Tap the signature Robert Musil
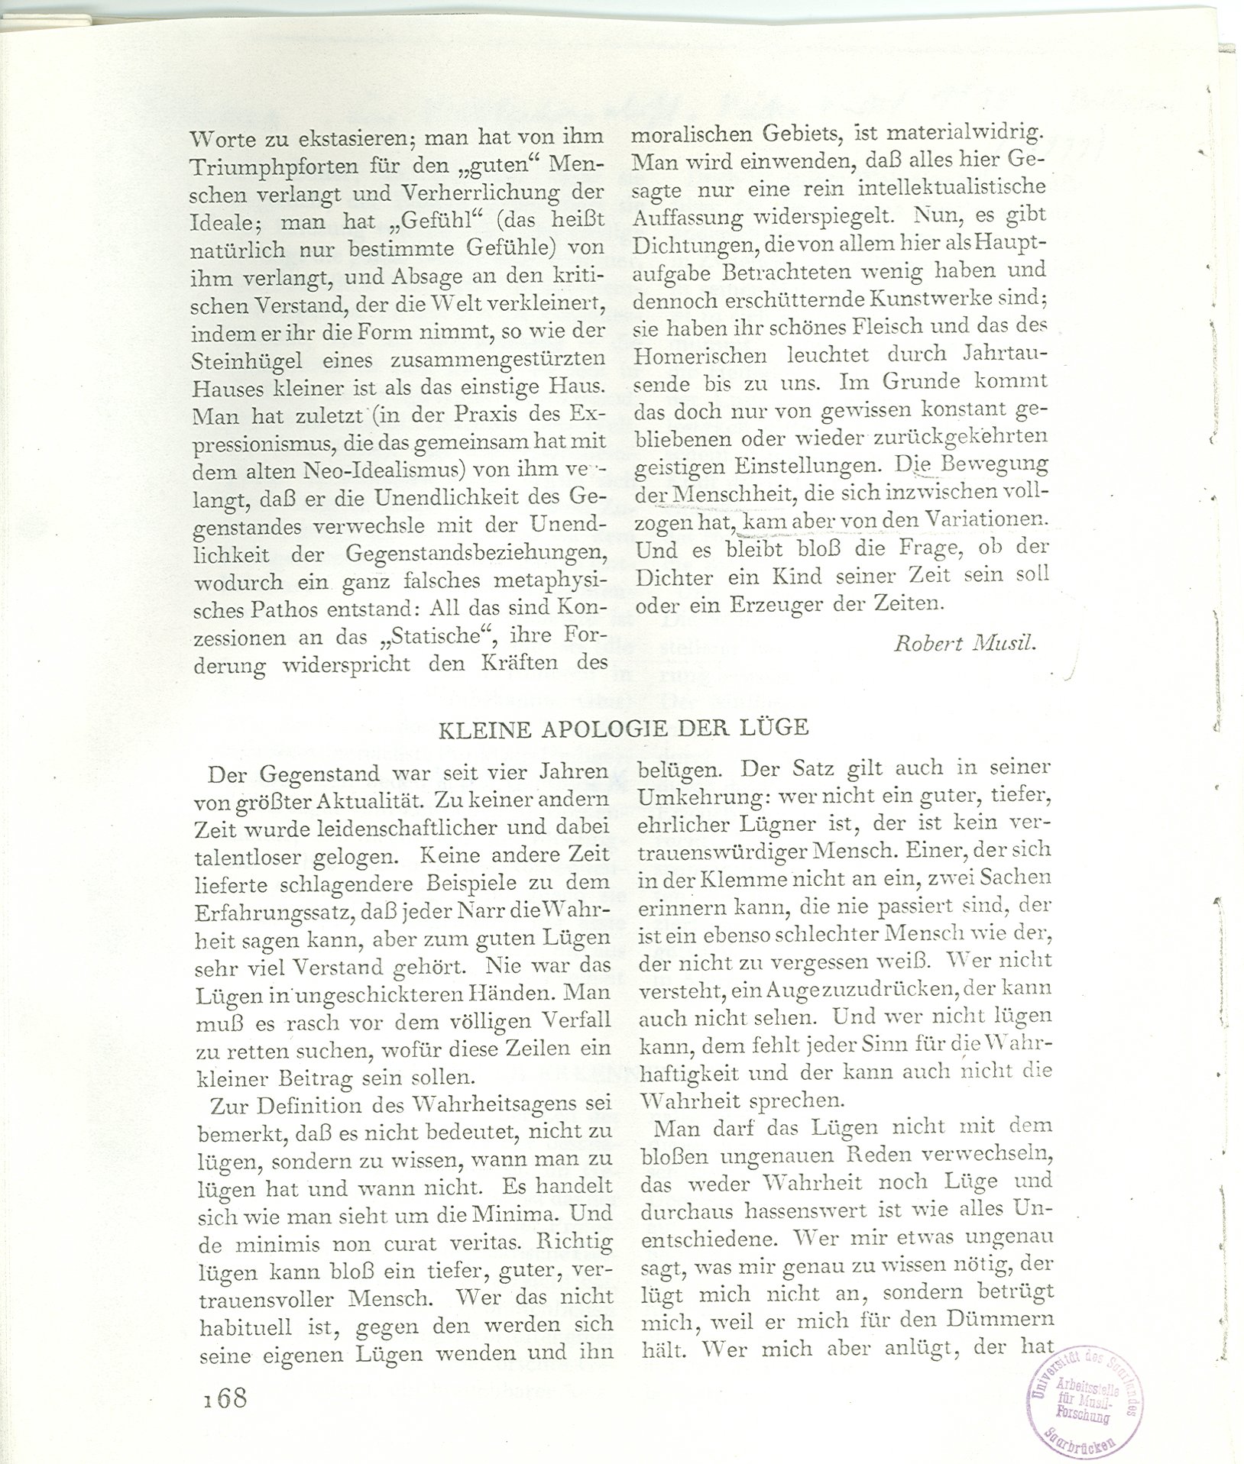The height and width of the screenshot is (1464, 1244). click(964, 643)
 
